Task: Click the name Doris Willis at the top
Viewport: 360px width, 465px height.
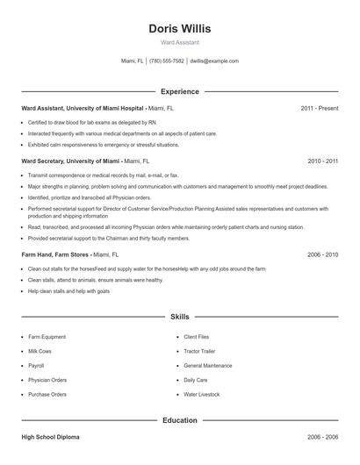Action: (180, 28)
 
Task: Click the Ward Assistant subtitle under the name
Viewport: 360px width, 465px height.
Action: (180, 42)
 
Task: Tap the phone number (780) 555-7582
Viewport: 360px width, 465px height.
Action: (167, 61)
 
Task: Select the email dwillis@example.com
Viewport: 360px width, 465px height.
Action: (214, 61)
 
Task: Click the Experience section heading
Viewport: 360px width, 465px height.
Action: (180, 91)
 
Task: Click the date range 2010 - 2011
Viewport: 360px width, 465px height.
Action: (323, 161)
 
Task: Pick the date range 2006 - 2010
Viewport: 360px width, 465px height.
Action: (323, 254)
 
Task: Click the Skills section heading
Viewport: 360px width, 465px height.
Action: (180, 316)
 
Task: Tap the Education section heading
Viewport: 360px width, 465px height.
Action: (180, 420)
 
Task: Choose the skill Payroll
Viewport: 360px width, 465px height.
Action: (36, 365)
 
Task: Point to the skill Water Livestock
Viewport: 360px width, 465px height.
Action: (201, 395)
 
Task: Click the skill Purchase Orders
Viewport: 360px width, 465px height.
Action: (47, 395)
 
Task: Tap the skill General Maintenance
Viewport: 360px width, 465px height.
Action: (208, 365)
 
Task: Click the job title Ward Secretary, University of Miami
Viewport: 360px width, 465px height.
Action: (70, 161)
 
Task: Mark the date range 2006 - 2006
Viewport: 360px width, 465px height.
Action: (323, 436)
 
